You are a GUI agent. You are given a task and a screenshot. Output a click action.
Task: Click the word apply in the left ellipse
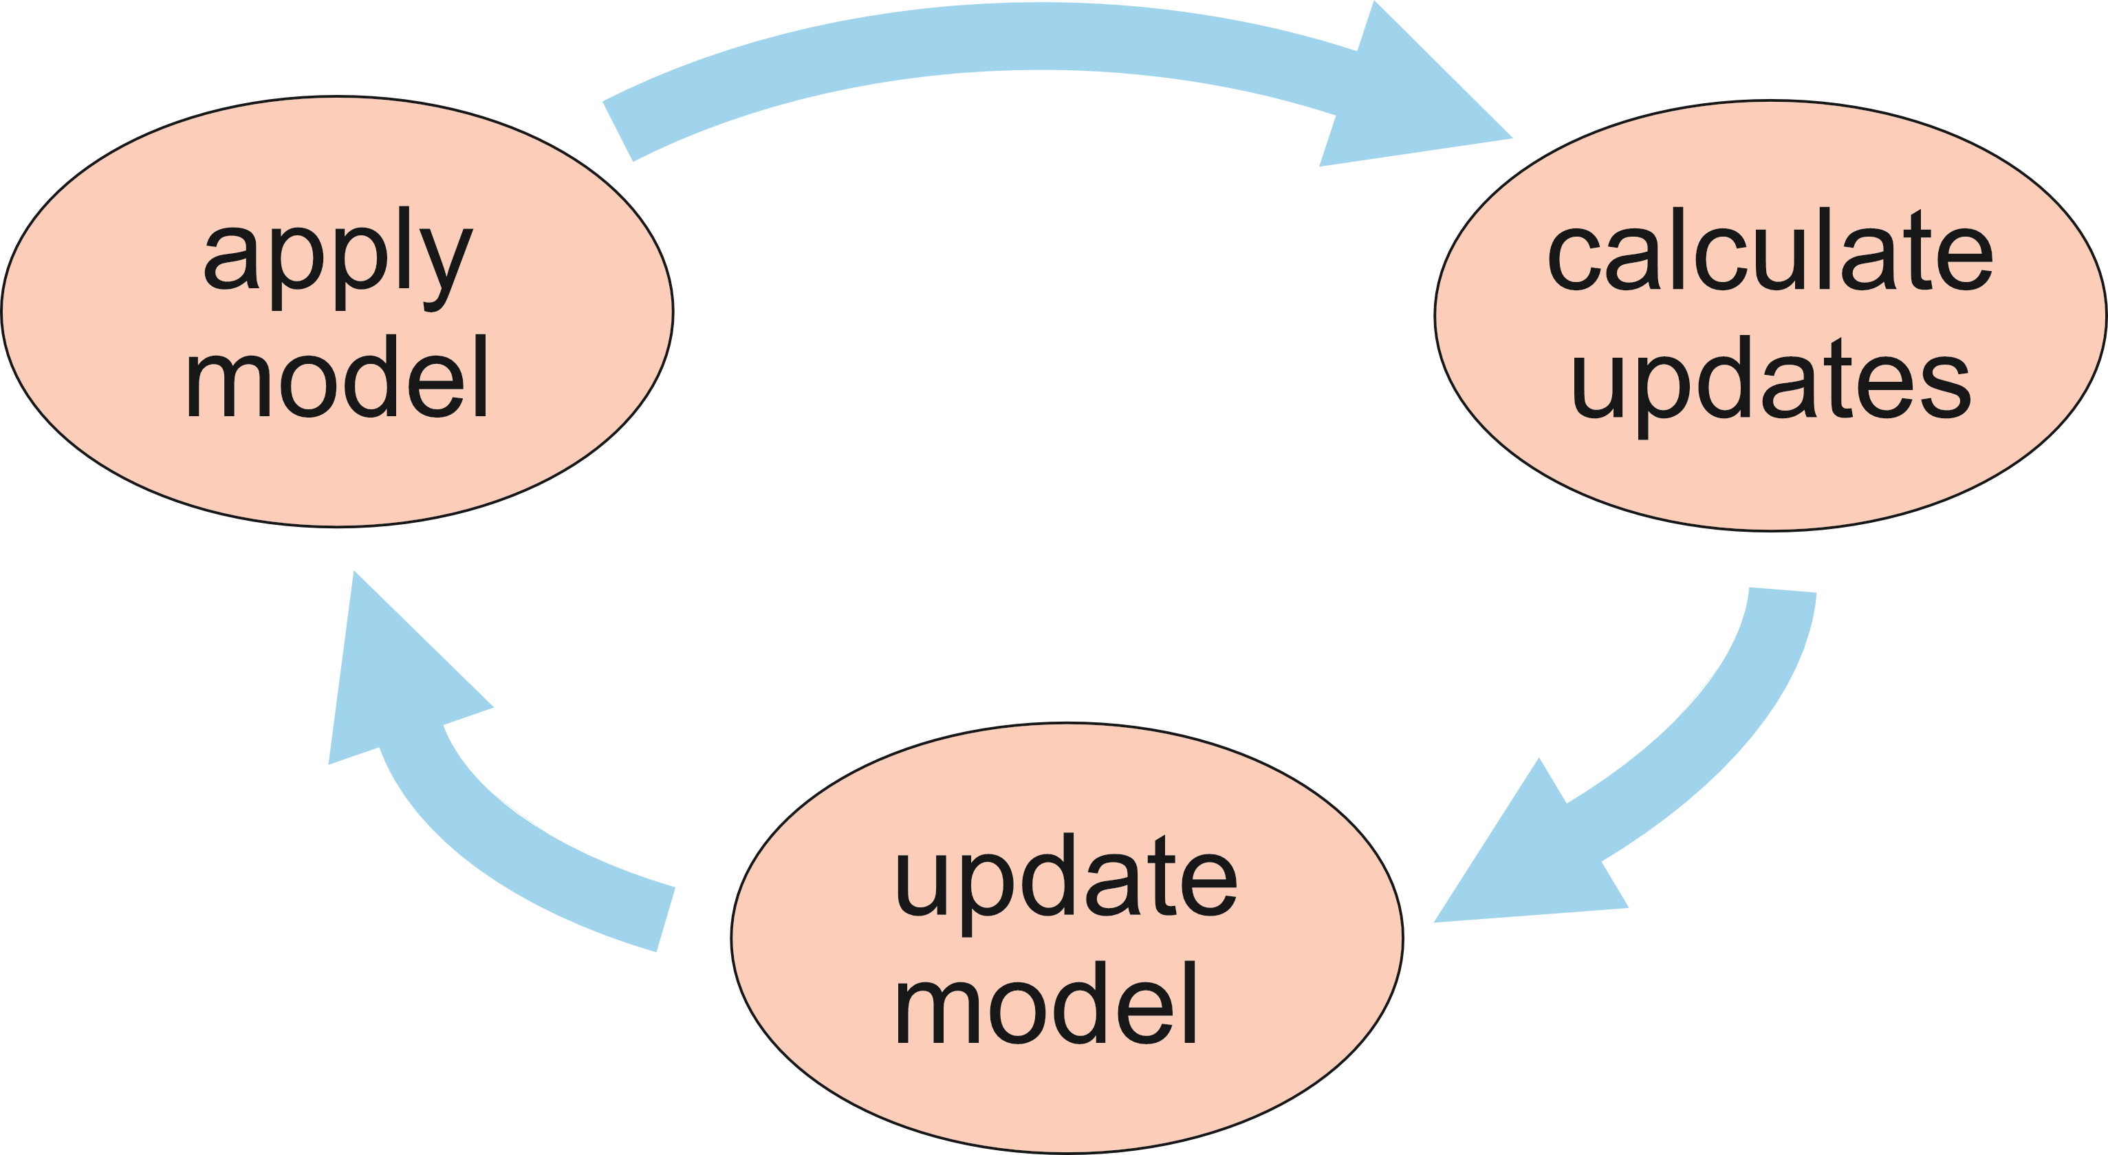pyautogui.click(x=337, y=258)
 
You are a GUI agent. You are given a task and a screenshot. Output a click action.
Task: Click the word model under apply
pyautogui.click(x=337, y=376)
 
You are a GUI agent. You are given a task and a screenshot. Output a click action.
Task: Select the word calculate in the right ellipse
pyautogui.click(x=1769, y=250)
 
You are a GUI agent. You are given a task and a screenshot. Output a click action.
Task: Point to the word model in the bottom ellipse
pyautogui.click(x=1046, y=1003)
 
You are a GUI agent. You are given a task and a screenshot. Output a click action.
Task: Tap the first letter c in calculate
pyautogui.click(x=1573, y=260)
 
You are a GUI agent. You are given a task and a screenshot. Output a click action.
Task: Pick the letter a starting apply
pyautogui.click(x=230, y=260)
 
